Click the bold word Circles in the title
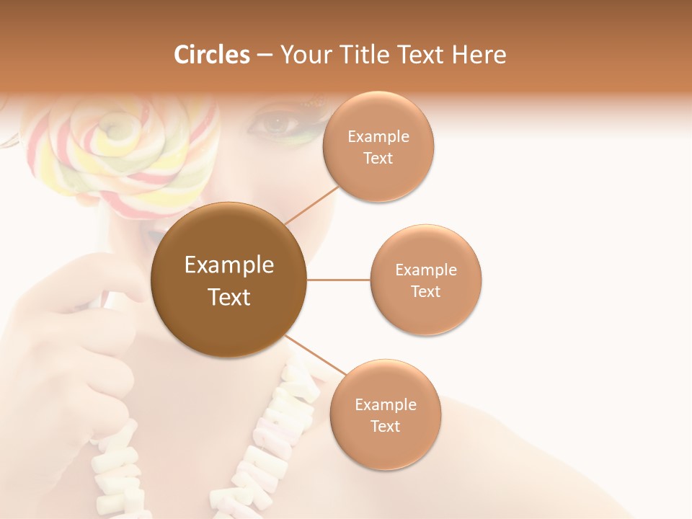point(211,54)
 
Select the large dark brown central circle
point(229,280)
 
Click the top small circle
point(378,146)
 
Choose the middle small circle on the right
point(425,280)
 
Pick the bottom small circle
point(385,414)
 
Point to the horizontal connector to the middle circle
point(338,280)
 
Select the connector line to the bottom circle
point(315,355)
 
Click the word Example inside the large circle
point(229,265)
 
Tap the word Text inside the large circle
point(229,297)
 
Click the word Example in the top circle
point(378,136)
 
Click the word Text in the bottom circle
point(385,426)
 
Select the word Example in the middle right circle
point(425,270)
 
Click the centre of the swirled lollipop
point(115,130)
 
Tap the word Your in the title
point(303,54)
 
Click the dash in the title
point(264,54)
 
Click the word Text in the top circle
point(378,158)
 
